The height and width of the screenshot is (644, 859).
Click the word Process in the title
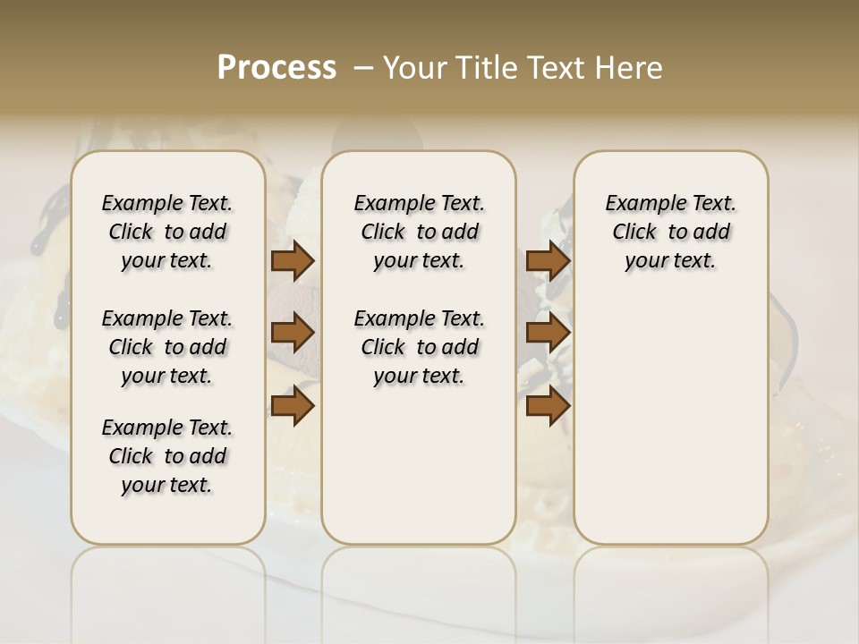click(x=276, y=68)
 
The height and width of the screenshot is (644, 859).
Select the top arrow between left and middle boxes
click(x=292, y=260)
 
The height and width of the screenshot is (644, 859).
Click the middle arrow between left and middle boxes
click(x=292, y=333)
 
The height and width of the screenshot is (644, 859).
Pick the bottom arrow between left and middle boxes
click(x=292, y=405)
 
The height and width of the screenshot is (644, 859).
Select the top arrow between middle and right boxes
click(x=548, y=260)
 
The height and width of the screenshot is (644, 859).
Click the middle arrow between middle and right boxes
click(x=548, y=333)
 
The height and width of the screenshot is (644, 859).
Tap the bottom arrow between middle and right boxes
click(x=548, y=405)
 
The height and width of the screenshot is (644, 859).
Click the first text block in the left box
click(x=167, y=232)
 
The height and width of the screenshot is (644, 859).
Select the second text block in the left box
click(x=167, y=347)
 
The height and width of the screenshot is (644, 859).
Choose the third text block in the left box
click(x=167, y=456)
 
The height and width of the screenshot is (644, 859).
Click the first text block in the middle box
click(x=419, y=232)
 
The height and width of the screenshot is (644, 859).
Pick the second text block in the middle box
click(x=419, y=347)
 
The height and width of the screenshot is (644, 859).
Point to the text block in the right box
click(x=670, y=232)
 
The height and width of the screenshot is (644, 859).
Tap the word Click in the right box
click(x=634, y=233)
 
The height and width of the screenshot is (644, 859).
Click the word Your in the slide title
click(x=412, y=68)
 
